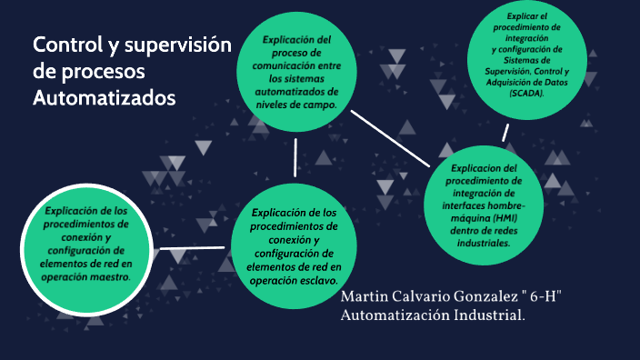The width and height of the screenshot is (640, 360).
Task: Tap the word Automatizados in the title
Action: point(103,96)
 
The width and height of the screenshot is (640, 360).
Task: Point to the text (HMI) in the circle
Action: point(505,218)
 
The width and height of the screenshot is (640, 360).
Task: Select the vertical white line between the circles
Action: point(295,155)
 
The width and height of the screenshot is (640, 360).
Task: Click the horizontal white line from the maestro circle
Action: point(192,247)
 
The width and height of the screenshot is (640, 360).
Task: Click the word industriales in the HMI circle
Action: point(484,244)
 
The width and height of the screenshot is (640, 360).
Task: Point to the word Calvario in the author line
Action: point(412,298)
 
